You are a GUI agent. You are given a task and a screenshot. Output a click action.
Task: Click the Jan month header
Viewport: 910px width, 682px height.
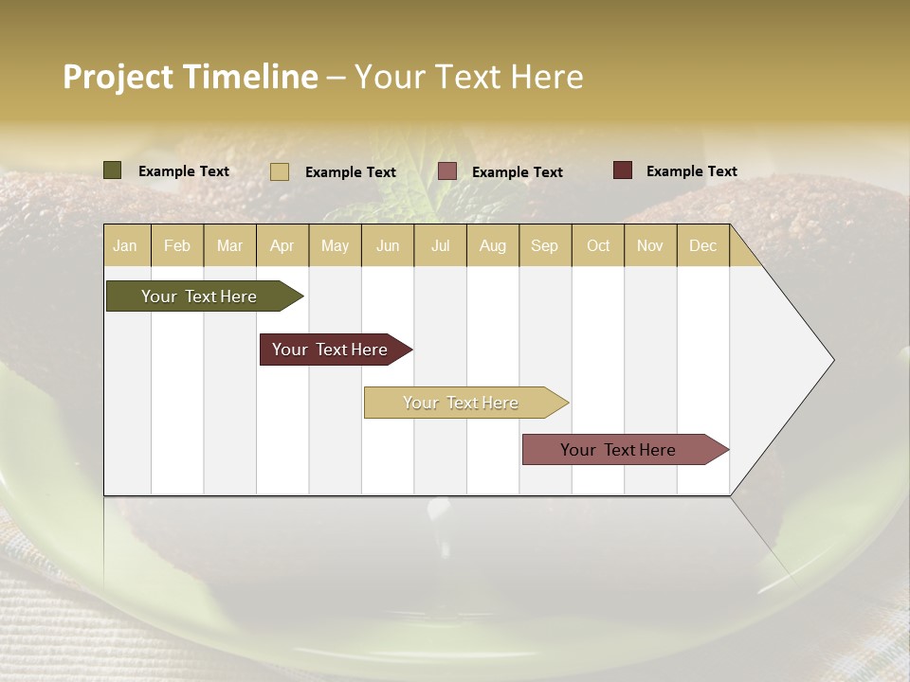[126, 245]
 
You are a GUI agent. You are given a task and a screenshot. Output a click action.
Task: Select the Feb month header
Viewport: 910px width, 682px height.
[177, 245]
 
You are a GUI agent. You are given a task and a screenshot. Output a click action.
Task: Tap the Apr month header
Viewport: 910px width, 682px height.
[282, 245]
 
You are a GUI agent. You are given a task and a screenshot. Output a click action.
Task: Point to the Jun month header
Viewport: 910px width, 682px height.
[388, 245]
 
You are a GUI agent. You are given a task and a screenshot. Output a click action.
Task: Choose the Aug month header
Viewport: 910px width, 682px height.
[493, 245]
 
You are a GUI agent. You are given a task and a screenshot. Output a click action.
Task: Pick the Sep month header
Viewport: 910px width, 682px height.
[545, 245]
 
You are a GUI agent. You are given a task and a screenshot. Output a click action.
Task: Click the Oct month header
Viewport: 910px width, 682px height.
[598, 245]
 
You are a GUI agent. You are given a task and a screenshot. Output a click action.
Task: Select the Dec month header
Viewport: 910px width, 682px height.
[703, 245]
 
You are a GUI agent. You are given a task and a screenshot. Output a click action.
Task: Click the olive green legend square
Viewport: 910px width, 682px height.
[113, 170]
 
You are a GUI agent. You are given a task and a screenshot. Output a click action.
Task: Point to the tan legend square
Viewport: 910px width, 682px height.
[280, 171]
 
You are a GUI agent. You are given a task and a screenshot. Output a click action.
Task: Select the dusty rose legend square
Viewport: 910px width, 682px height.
[447, 171]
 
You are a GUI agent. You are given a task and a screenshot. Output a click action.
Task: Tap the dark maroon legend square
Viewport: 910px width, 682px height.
[622, 170]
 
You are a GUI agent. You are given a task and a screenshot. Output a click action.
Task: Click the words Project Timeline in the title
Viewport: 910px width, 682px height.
[191, 77]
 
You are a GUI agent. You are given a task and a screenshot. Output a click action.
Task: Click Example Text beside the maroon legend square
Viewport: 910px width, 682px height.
[691, 171]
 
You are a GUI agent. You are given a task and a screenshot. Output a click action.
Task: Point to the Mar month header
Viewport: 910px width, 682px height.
[229, 245]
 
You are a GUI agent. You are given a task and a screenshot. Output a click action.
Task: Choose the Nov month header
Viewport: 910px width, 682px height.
[650, 245]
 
